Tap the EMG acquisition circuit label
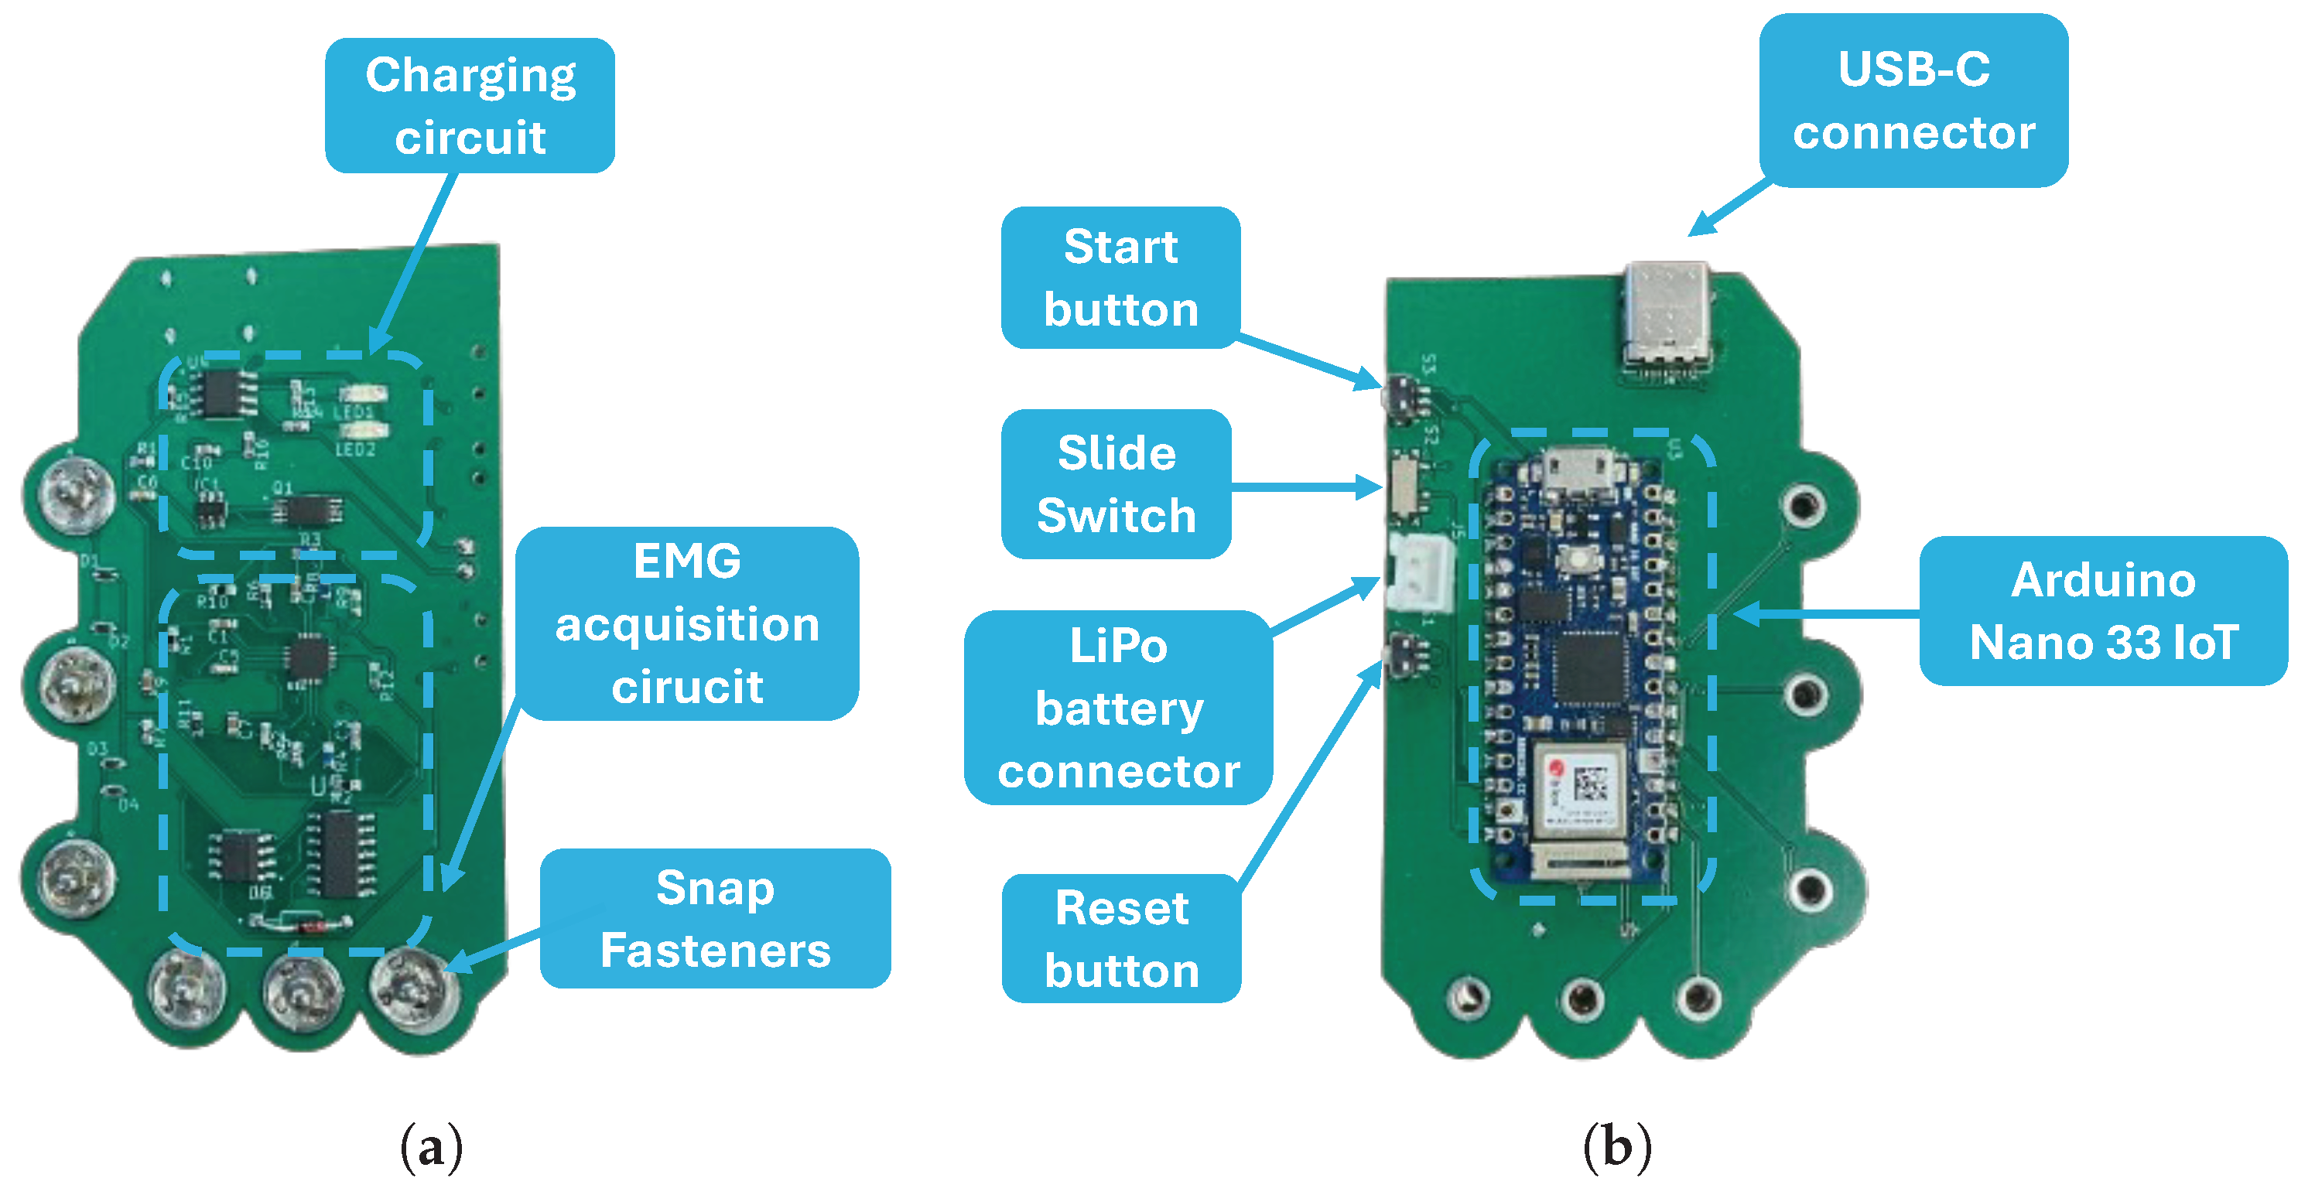click(x=687, y=623)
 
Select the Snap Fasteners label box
click(x=715, y=919)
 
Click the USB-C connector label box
click(x=1913, y=100)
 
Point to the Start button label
click(x=1120, y=278)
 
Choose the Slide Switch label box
click(x=1116, y=484)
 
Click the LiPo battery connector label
click(x=1118, y=708)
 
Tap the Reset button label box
click(x=1121, y=939)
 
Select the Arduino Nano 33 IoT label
click(x=2103, y=611)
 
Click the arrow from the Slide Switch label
click(x=1307, y=487)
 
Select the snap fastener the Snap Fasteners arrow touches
click(x=414, y=989)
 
